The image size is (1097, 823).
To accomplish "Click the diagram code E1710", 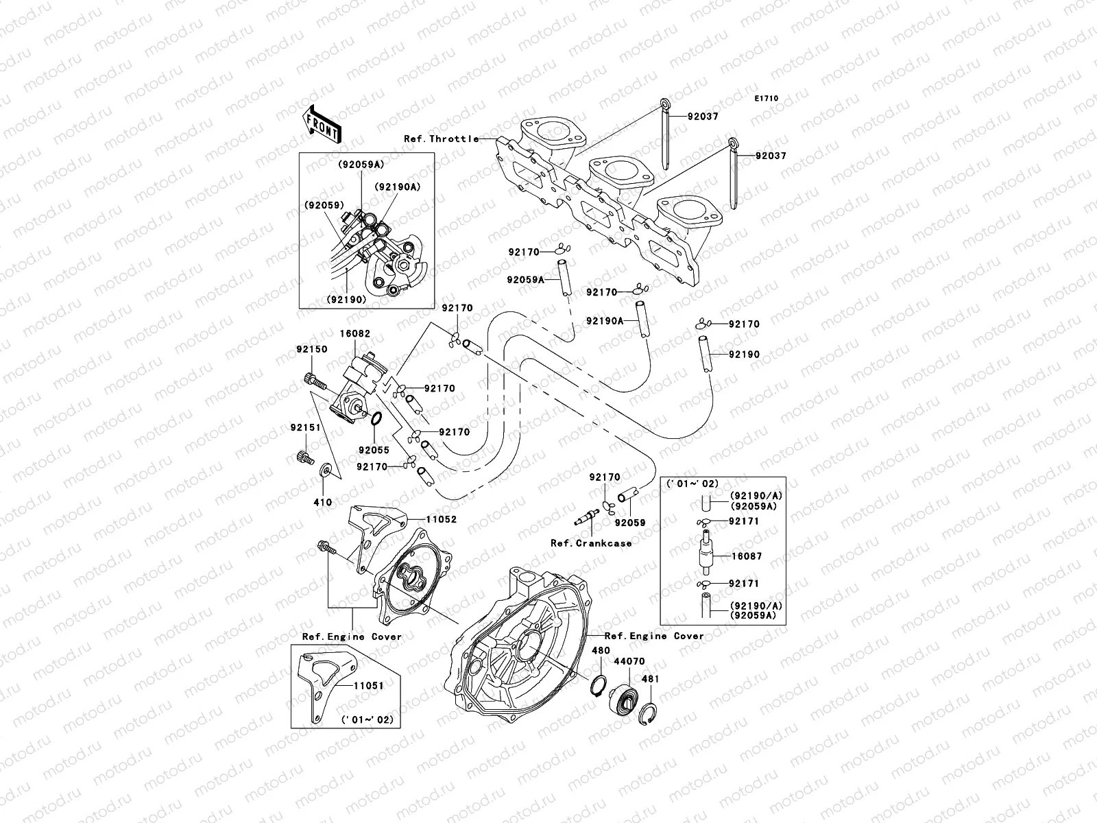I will [x=767, y=99].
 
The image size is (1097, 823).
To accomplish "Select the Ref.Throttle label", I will [x=441, y=139].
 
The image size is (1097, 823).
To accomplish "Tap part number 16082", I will [x=354, y=334].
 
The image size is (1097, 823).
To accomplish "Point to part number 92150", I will [x=312, y=349].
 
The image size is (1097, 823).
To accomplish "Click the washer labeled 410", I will [x=327, y=470].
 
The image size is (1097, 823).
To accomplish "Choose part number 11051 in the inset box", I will [x=368, y=684].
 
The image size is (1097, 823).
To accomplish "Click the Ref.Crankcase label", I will [x=591, y=543].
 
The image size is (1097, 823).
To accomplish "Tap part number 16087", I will [x=745, y=557].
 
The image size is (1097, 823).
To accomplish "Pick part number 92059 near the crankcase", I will [x=630, y=523].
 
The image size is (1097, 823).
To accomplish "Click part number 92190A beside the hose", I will [x=604, y=321].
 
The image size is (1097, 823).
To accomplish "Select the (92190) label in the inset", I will [x=346, y=300].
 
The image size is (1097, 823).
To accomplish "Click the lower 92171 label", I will [x=743, y=584].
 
